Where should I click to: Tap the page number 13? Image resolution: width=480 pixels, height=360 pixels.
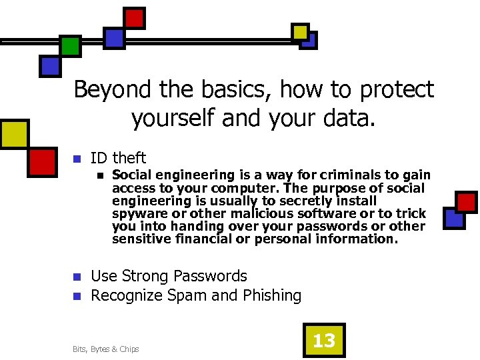pyautogui.click(x=324, y=341)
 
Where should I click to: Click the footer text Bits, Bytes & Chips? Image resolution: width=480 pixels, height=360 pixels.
pyautogui.click(x=106, y=349)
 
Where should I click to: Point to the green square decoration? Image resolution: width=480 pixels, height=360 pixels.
pyautogui.click(x=70, y=46)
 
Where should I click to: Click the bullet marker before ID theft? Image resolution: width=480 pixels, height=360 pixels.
pyautogui.click(x=77, y=159)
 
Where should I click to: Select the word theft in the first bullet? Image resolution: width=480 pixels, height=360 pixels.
pyautogui.click(x=129, y=158)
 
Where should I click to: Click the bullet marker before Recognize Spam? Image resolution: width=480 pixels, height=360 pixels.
pyautogui.click(x=77, y=296)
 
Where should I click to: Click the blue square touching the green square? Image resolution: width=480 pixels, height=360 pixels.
pyautogui.click(x=51, y=65)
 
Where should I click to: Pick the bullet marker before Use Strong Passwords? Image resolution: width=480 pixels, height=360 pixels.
pyautogui.click(x=77, y=277)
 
